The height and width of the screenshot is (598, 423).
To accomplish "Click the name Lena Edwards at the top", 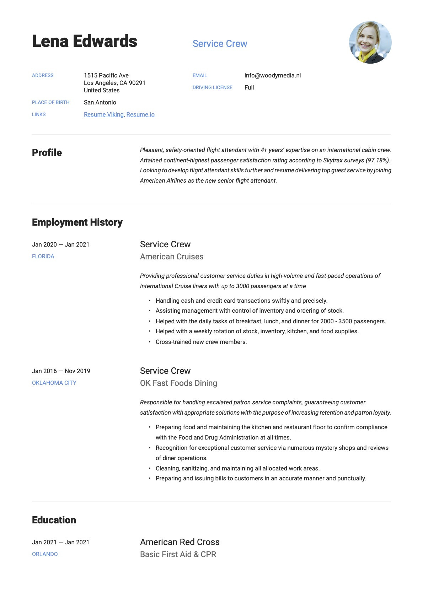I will (x=85, y=41).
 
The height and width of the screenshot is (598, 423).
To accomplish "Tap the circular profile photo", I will (x=370, y=42).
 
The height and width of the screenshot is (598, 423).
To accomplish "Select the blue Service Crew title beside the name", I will (x=220, y=44).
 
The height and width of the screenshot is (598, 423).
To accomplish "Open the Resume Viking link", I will (x=103, y=114).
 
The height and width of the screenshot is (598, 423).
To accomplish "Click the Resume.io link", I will (x=140, y=114).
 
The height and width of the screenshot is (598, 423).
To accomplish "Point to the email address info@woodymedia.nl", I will (x=272, y=75).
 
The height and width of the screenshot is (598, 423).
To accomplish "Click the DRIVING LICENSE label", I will (x=212, y=87).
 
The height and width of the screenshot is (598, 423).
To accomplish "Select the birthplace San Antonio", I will (x=100, y=102).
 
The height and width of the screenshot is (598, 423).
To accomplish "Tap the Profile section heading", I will (x=47, y=153).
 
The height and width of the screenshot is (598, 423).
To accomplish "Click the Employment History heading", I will (x=77, y=222).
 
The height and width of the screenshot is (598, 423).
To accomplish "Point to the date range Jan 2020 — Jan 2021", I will (x=60, y=244).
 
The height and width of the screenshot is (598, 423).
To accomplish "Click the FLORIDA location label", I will (x=43, y=257).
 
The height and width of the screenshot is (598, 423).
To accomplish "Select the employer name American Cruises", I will (x=172, y=257).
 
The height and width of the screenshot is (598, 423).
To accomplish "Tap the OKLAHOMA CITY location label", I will (x=54, y=383).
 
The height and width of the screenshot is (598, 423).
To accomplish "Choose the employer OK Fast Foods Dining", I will (x=178, y=383).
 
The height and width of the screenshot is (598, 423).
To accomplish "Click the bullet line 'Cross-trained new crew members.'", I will (x=201, y=342).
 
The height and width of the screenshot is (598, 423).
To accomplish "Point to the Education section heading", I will (x=54, y=520).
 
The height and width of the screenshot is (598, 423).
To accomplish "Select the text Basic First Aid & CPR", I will (x=178, y=554).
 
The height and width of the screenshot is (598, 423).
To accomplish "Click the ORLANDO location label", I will (x=45, y=554).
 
